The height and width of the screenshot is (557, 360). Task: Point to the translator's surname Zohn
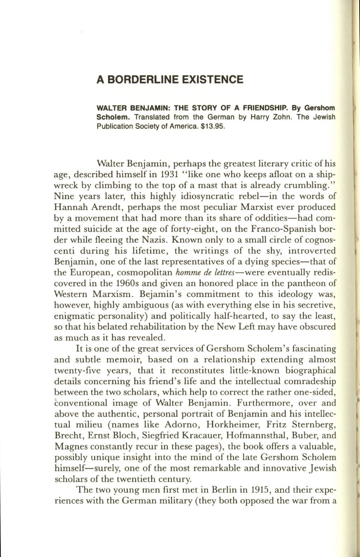click(x=265, y=117)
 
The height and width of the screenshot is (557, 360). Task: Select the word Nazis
click(x=155, y=240)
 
